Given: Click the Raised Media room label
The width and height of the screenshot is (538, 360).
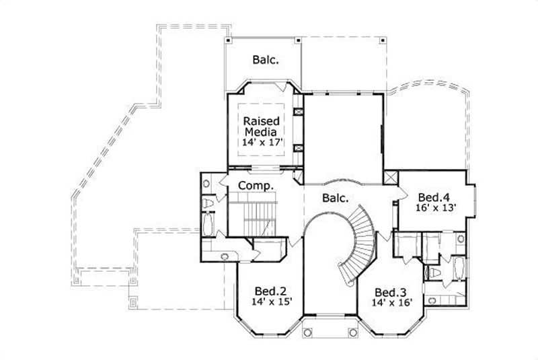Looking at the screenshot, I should (x=262, y=124).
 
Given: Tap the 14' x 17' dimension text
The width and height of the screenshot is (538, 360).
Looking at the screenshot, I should (x=262, y=143).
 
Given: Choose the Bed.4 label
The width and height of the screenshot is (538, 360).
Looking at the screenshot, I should (x=433, y=196).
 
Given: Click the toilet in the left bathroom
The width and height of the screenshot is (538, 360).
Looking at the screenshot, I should (x=208, y=203).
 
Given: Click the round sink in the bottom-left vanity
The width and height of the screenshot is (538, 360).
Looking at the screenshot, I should (x=224, y=256).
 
